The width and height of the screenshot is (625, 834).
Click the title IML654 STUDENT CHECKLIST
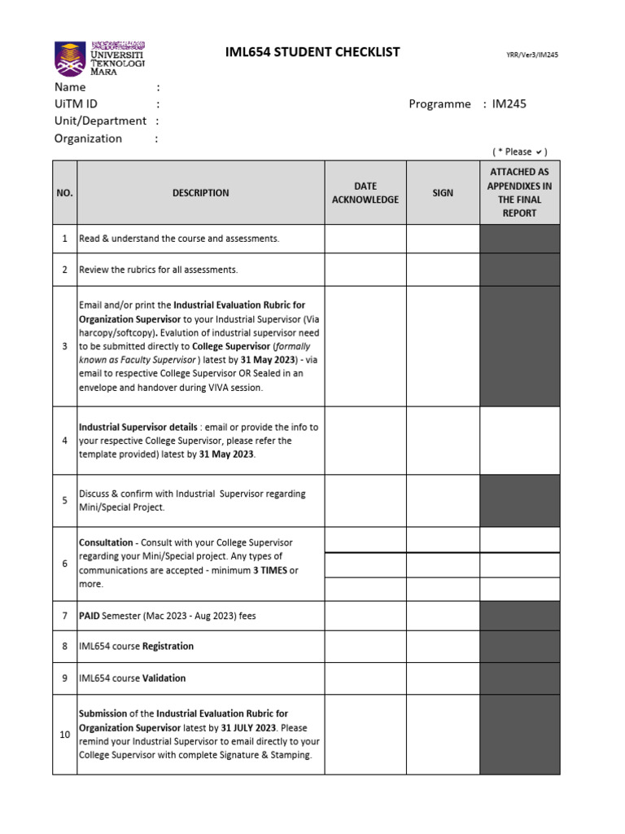(312, 52)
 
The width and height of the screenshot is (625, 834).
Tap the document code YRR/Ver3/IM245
(532, 55)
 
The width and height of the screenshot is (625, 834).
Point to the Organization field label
(88, 138)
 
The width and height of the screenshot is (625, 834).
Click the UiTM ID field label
(76, 103)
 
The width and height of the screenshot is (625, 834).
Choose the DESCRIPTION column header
(200, 193)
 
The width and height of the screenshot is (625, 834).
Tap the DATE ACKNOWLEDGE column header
(365, 193)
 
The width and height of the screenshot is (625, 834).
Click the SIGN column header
(443, 193)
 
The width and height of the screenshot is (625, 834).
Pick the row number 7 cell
(64, 616)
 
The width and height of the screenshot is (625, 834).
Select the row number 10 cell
(64, 735)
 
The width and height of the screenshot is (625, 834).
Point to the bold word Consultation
(106, 542)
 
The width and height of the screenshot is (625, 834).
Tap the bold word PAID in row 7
(90, 616)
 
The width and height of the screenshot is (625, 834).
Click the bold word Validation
(164, 678)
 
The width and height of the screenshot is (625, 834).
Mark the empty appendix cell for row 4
(519, 441)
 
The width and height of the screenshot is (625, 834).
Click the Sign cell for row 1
(443, 239)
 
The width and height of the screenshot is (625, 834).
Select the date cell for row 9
(365, 678)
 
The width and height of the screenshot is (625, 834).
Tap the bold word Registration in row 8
(168, 647)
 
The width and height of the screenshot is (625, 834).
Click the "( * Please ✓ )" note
(519, 151)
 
